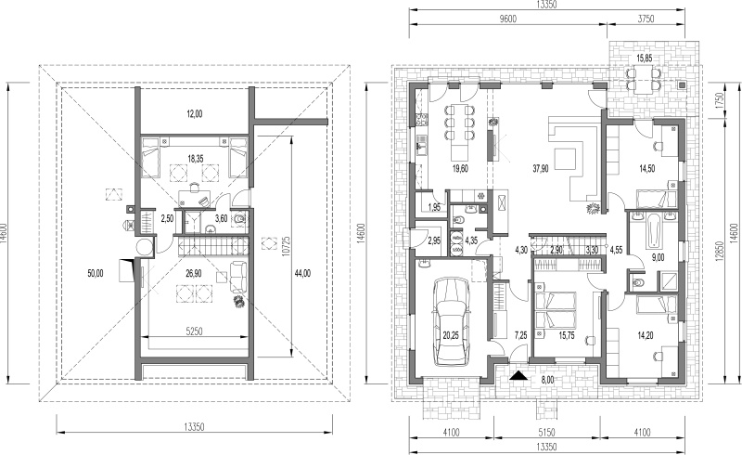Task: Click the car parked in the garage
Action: click(x=453, y=321)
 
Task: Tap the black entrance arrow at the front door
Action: click(x=518, y=375)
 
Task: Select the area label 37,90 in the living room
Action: click(x=541, y=168)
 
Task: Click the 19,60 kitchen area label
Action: click(x=460, y=168)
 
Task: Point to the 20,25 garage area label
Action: click(x=451, y=335)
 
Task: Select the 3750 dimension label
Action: click(x=646, y=19)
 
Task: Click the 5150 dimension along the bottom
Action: click(x=546, y=433)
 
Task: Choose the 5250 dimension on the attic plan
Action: click(x=194, y=331)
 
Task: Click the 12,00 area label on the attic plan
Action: click(x=194, y=113)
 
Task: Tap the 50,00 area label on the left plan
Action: click(x=96, y=273)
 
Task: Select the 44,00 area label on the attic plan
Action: click(x=302, y=273)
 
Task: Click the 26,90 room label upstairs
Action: click(x=194, y=273)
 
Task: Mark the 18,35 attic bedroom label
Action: click(x=196, y=160)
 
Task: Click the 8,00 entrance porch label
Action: click(x=547, y=380)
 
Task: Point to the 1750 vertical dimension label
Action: click(x=720, y=100)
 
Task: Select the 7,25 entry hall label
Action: click(x=520, y=335)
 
